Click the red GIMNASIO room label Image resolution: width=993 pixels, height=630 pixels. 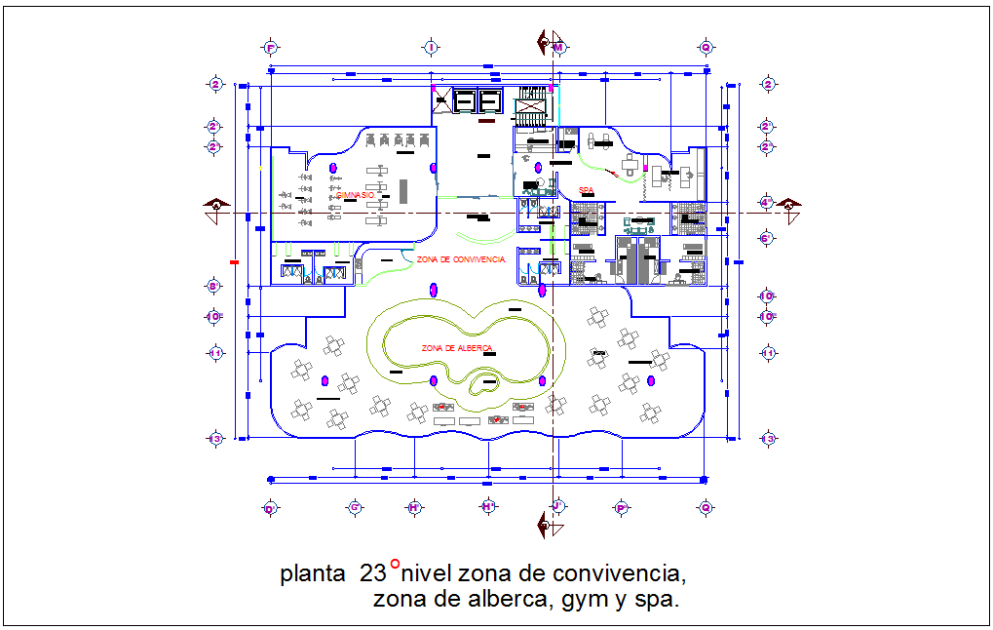click(356, 196)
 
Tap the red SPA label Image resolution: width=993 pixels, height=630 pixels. click(586, 190)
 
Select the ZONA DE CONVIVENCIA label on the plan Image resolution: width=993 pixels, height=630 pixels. click(460, 259)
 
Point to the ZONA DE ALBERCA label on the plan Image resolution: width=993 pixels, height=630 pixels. click(457, 348)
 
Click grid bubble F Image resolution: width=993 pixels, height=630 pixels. click(271, 47)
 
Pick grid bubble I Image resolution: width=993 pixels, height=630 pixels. click(431, 47)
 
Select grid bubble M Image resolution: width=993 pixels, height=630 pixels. click(558, 47)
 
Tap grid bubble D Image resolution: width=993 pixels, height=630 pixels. click(271, 508)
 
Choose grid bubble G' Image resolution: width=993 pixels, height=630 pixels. click(356, 508)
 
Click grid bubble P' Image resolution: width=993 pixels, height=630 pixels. click(621, 508)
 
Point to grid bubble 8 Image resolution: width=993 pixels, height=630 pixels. click(214, 286)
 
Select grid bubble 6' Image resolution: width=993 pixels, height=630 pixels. click(767, 238)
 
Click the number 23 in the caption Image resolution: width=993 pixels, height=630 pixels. click(373, 573)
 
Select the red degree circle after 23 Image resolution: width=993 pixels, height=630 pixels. click(395, 564)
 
